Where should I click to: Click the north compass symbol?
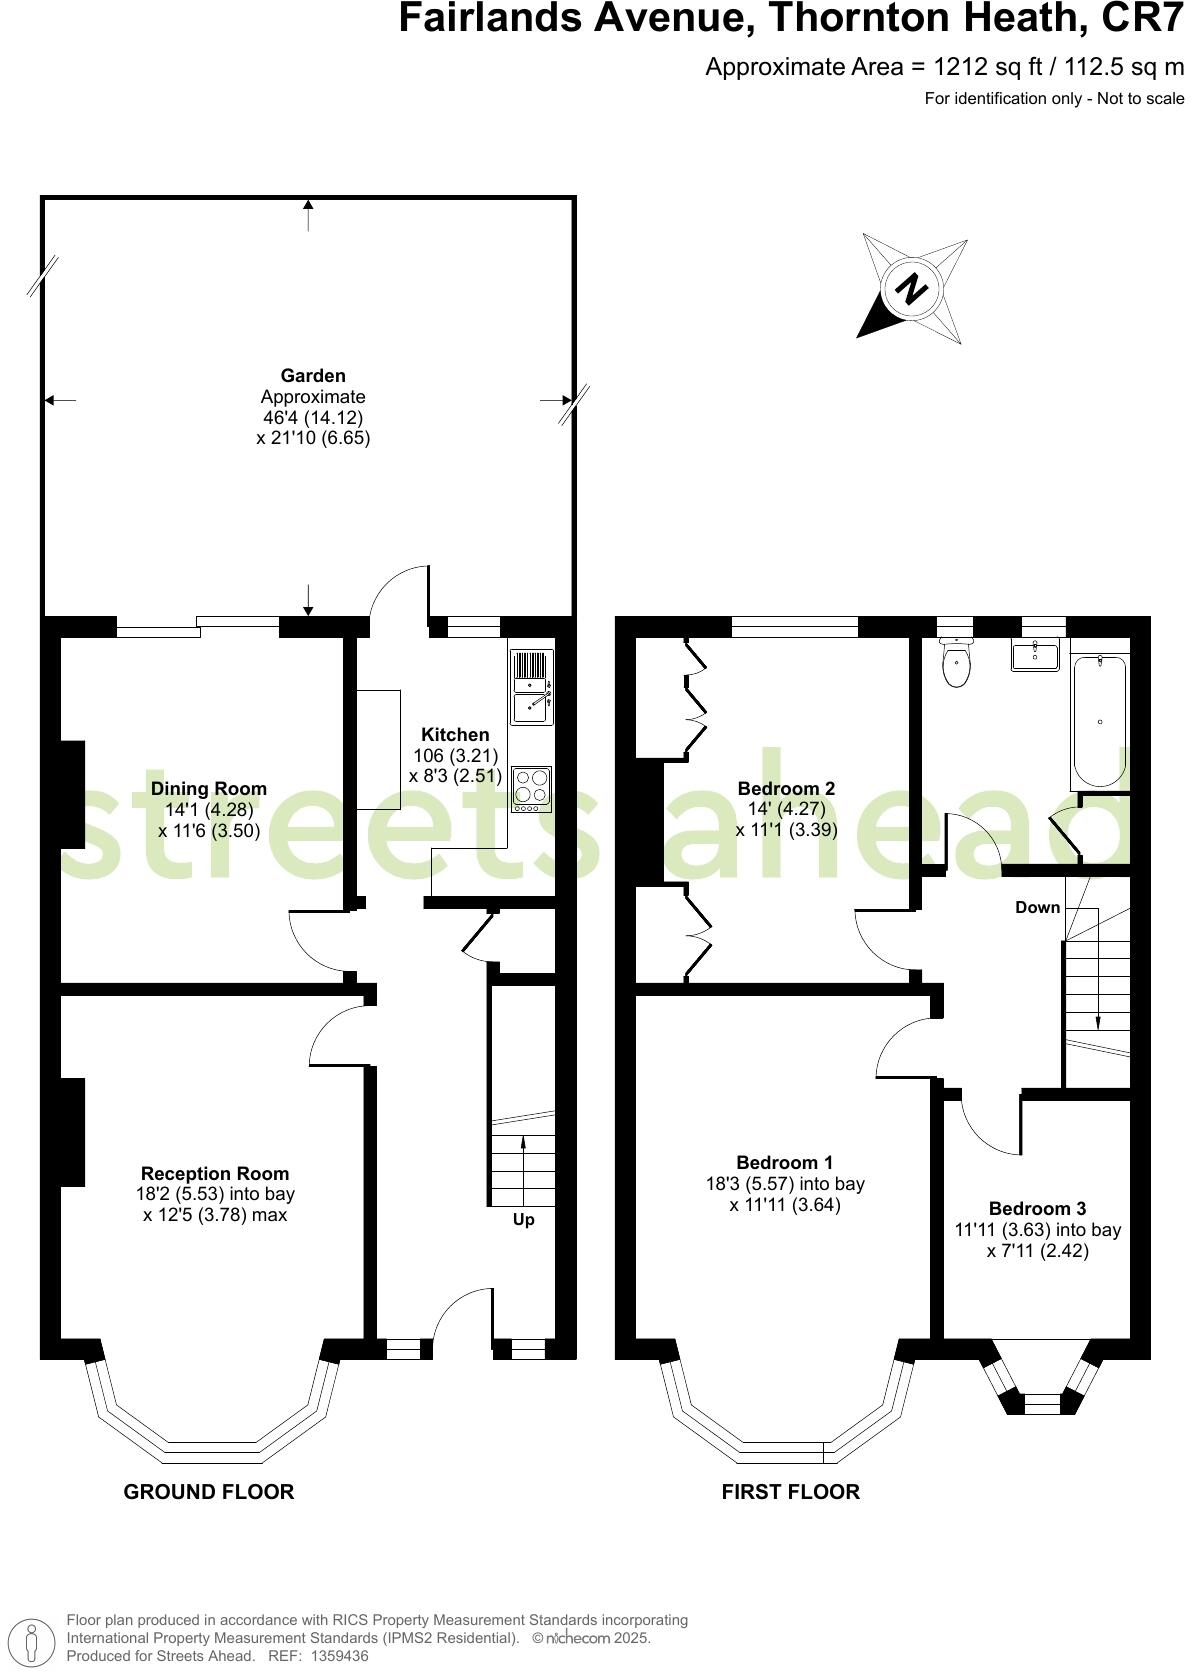click(x=912, y=290)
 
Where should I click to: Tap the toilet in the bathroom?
click(x=957, y=664)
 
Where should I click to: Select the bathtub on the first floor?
click(x=1099, y=722)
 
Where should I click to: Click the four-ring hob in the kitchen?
click(x=531, y=788)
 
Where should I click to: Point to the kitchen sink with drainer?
click(x=531, y=687)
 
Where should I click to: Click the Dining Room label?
click(x=209, y=789)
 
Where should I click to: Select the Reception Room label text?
click(x=215, y=1173)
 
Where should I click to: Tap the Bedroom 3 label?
click(x=1037, y=1208)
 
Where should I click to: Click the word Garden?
click(x=313, y=376)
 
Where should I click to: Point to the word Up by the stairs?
click(x=523, y=1220)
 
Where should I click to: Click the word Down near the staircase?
click(x=1037, y=908)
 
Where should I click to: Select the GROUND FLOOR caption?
click(x=209, y=1492)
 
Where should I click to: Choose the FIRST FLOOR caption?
click(x=790, y=1492)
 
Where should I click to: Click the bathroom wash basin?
click(x=1035, y=656)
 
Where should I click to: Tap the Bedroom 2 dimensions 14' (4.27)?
click(x=786, y=809)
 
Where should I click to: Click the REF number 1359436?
click(x=340, y=1656)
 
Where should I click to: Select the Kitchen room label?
click(x=455, y=735)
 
